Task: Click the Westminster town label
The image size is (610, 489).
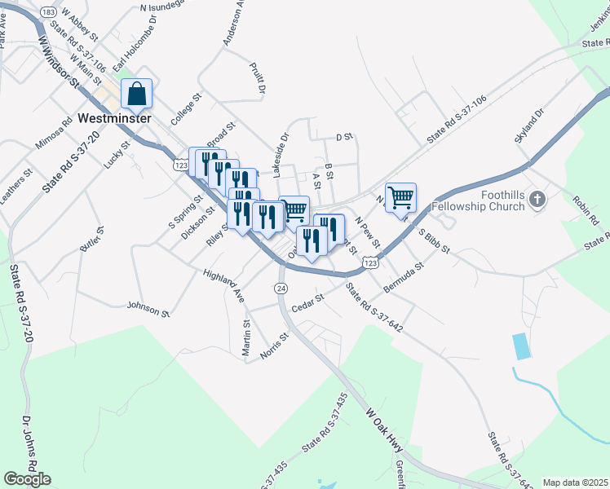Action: [115, 117]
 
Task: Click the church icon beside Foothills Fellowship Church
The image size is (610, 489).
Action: [537, 198]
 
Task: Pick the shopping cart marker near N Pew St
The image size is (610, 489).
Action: [400, 196]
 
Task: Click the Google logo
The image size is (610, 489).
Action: [27, 479]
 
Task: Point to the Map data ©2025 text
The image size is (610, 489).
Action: [575, 482]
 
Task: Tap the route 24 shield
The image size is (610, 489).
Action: [281, 289]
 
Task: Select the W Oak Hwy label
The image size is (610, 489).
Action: [385, 425]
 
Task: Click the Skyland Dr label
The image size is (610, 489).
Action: [528, 125]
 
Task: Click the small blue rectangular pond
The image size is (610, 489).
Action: [521, 346]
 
